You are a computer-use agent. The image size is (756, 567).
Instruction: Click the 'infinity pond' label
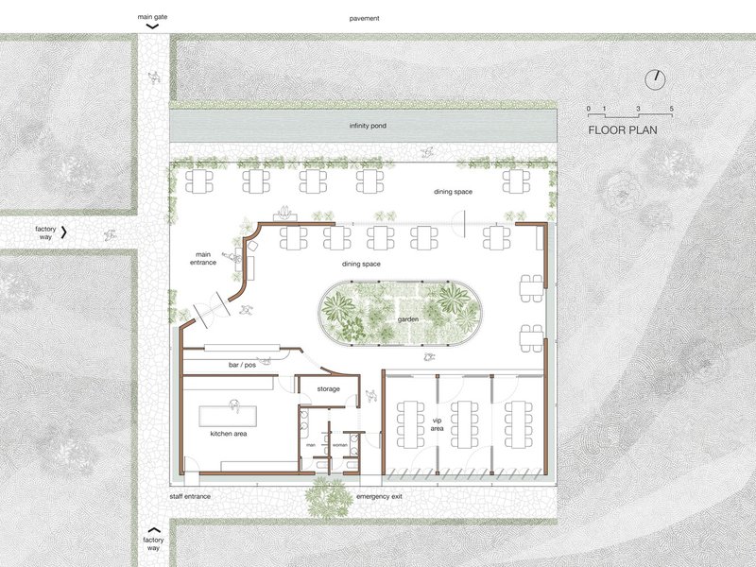tap(368, 126)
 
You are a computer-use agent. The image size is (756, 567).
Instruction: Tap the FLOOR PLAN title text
tap(623, 130)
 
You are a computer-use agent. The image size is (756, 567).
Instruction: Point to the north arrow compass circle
tap(655, 80)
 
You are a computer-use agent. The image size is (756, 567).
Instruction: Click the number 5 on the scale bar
tap(671, 109)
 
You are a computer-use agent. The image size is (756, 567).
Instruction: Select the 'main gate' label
tap(152, 17)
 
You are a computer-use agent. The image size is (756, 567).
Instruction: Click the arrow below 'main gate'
tap(152, 26)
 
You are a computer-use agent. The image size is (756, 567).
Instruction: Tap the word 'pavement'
tap(364, 18)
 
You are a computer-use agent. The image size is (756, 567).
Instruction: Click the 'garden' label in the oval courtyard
tap(408, 319)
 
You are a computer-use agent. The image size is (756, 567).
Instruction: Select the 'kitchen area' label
tap(229, 434)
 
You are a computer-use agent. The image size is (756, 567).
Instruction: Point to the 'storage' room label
tap(328, 389)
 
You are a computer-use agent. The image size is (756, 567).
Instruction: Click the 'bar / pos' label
tap(242, 365)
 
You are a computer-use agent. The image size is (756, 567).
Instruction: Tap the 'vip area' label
tap(437, 424)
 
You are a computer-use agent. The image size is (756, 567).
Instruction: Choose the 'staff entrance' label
tap(190, 497)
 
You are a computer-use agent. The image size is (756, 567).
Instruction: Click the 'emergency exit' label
tap(379, 497)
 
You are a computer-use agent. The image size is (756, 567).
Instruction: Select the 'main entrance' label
tap(203, 258)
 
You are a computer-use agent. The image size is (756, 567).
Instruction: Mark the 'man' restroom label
tap(311, 445)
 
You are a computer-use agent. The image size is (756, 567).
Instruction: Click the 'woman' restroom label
tap(340, 445)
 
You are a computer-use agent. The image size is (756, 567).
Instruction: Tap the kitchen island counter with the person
tap(228, 416)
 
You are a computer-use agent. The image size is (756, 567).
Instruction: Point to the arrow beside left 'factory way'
tap(63, 232)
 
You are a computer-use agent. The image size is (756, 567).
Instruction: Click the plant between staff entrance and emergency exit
tap(330, 497)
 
